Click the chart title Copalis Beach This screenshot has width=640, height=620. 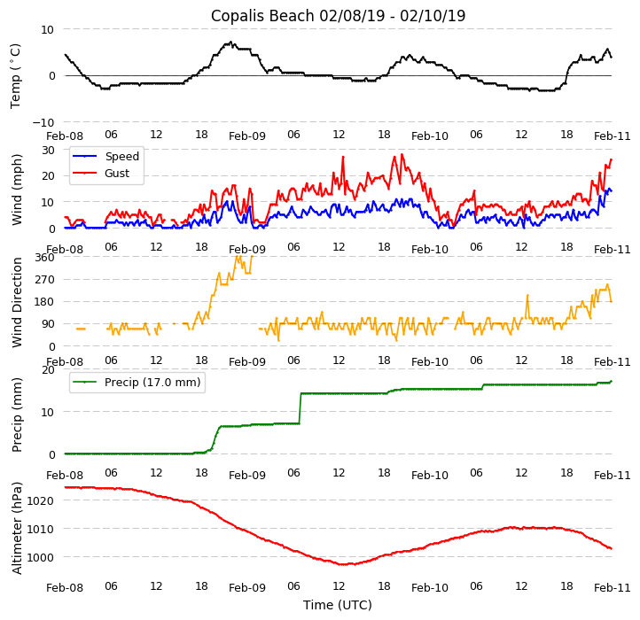[x=338, y=16]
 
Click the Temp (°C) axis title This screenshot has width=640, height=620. [x=16, y=75]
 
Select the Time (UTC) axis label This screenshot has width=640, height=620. [x=338, y=605]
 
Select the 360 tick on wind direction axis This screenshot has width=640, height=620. [x=44, y=257]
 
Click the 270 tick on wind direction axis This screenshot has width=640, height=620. [x=44, y=280]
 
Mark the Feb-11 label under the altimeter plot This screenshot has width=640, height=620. [x=612, y=587]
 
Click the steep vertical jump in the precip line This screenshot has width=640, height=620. [x=300, y=409]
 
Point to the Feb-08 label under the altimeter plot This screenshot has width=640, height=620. [x=65, y=587]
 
